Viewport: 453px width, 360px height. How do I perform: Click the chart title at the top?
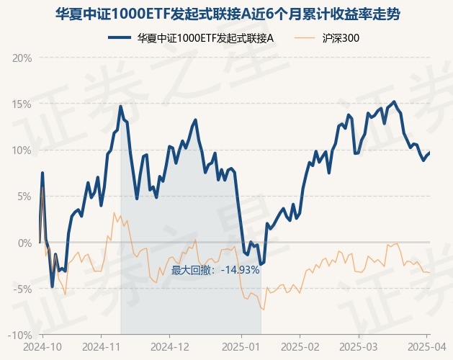click(x=228, y=14)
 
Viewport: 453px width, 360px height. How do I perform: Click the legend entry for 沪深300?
click(x=327, y=38)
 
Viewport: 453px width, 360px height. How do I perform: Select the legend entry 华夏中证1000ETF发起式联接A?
click(x=191, y=38)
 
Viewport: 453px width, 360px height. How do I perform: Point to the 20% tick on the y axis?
click(x=22, y=58)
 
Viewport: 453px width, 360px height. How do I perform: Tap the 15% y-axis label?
click(x=22, y=104)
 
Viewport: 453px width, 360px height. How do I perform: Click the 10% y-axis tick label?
click(x=22, y=150)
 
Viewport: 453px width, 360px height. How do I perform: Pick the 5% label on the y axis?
click(x=24, y=197)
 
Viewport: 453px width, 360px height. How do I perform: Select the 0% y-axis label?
click(x=24, y=243)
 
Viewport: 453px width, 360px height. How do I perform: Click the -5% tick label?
click(x=22, y=289)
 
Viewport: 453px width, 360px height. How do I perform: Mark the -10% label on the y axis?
click(x=20, y=335)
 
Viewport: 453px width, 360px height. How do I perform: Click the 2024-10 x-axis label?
click(x=42, y=347)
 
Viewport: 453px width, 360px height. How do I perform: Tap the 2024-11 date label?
click(x=101, y=347)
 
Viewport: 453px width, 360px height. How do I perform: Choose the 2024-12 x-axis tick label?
click(x=169, y=347)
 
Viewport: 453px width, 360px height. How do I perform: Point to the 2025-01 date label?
click(x=241, y=347)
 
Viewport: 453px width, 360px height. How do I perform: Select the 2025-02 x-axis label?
click(x=300, y=347)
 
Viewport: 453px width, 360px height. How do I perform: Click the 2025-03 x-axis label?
click(x=359, y=347)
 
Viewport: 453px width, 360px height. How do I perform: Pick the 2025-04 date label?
click(x=426, y=347)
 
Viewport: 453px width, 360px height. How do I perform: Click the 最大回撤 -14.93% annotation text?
click(x=215, y=270)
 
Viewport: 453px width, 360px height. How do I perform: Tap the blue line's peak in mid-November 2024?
click(x=121, y=107)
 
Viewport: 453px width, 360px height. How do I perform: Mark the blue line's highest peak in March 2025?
click(x=394, y=102)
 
